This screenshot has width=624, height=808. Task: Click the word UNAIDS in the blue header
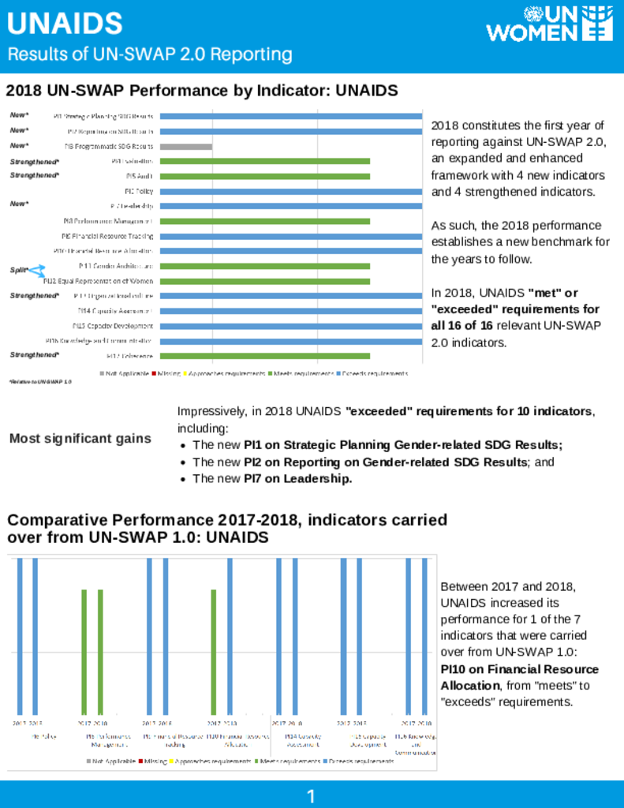point(65,24)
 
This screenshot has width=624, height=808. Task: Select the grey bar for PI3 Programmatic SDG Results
point(186,147)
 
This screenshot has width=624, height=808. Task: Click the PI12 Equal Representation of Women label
point(99,281)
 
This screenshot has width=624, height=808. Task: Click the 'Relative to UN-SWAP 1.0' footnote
point(39,382)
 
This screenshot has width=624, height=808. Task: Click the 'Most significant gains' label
point(80,439)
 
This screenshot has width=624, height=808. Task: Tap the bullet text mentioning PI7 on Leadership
point(272,479)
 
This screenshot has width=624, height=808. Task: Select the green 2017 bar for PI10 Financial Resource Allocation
point(214,652)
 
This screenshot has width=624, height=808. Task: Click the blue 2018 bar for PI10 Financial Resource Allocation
point(230,636)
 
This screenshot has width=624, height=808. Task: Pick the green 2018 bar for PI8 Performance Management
point(100,652)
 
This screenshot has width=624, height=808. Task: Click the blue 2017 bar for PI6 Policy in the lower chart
point(20,636)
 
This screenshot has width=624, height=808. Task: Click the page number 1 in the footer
point(312,796)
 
